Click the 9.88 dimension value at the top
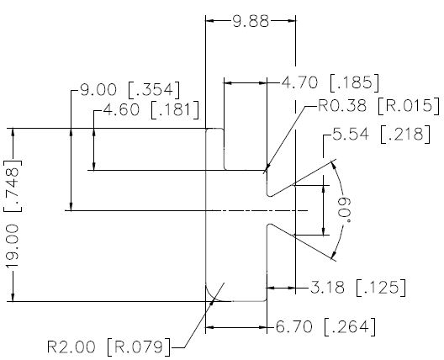[x=251, y=21]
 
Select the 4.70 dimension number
[x=299, y=83]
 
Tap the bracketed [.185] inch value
[x=355, y=83]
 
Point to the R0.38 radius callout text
[x=342, y=105]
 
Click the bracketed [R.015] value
[x=409, y=106]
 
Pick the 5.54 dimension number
[x=351, y=134]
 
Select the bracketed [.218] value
[x=405, y=135]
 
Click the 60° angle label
[x=346, y=209]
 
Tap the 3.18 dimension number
[x=327, y=288]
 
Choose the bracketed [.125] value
[x=381, y=288]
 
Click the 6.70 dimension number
[x=294, y=327]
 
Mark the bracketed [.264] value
[x=350, y=327]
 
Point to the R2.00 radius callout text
[x=71, y=347]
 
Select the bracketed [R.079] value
[x=139, y=347]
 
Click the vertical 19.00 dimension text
[x=13, y=246]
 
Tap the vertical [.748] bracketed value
[x=13, y=186]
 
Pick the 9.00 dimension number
[x=98, y=90]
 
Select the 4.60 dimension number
[x=121, y=110]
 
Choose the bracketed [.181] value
[x=175, y=110]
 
